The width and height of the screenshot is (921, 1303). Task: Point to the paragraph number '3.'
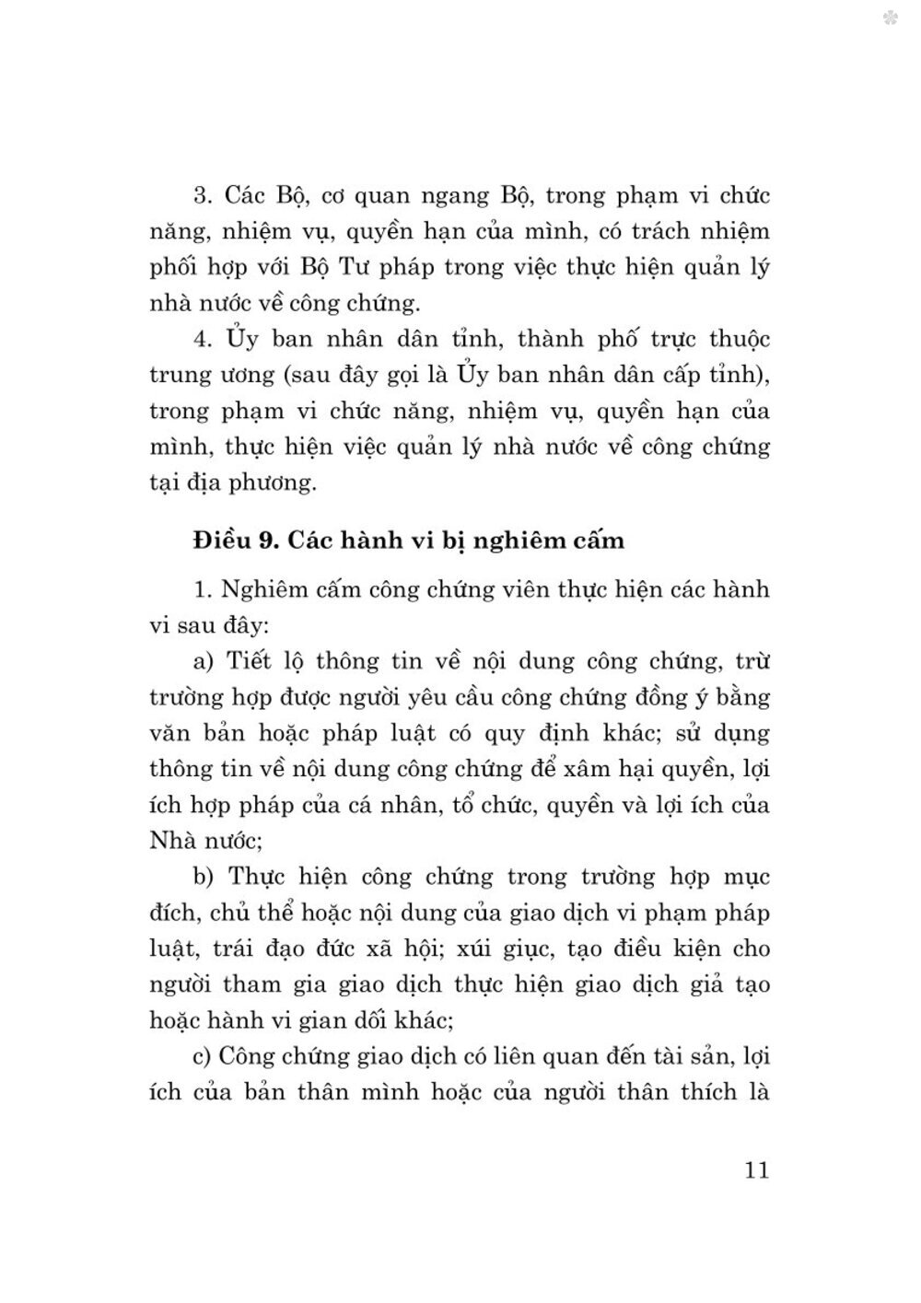pyautogui.click(x=203, y=196)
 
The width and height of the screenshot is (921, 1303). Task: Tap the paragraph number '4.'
pyautogui.click(x=203, y=340)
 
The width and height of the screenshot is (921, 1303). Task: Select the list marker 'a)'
pyautogui.click(x=203, y=661)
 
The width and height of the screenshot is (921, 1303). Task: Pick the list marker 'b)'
pyautogui.click(x=203, y=877)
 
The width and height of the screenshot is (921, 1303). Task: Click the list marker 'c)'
pyautogui.click(x=203, y=1056)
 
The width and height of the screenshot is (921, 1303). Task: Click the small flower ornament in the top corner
pyautogui.click(x=891, y=17)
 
